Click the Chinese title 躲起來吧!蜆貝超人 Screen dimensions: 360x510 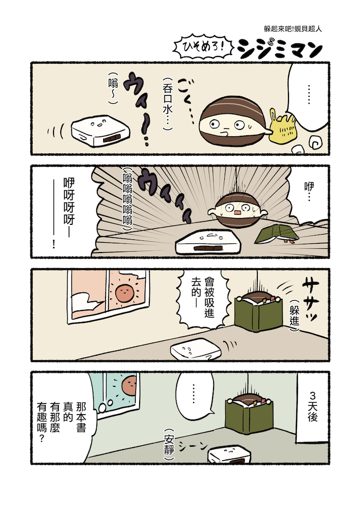[293, 29]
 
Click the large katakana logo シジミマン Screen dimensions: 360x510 [279, 50]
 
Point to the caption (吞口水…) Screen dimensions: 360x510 [168, 104]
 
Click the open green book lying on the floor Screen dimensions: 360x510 [276, 235]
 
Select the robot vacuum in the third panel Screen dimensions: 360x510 [196, 349]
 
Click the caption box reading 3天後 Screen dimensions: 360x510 [312, 406]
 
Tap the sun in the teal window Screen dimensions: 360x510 [129, 385]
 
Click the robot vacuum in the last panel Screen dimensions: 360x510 [230, 455]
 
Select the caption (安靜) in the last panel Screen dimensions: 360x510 [169, 444]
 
